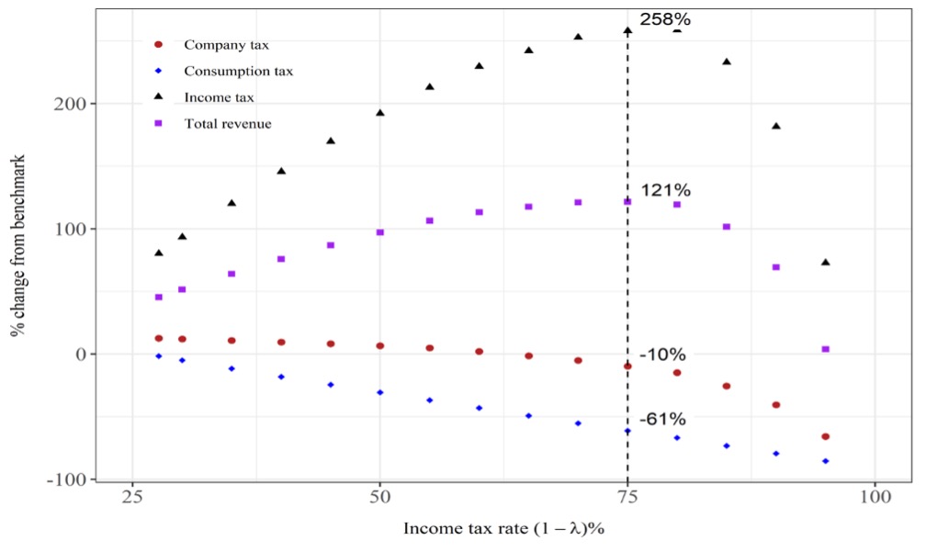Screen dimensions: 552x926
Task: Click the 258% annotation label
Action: (x=665, y=19)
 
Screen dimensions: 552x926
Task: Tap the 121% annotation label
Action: (x=666, y=190)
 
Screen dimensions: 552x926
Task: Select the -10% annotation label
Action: (x=662, y=355)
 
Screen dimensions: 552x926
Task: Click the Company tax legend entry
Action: (x=225, y=44)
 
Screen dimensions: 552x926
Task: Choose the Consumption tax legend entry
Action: (x=238, y=71)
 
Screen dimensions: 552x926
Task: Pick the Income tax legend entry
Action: (x=219, y=96)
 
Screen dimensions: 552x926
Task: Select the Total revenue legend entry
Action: (x=227, y=123)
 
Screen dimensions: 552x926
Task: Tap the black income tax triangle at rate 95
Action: (x=825, y=263)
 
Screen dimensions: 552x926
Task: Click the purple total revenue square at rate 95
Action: (x=825, y=349)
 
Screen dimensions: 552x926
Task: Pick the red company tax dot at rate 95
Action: (x=825, y=436)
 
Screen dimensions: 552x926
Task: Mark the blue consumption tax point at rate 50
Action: (x=379, y=392)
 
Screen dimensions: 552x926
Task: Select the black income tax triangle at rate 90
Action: (x=775, y=126)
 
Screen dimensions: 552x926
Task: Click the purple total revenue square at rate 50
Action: (x=379, y=232)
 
